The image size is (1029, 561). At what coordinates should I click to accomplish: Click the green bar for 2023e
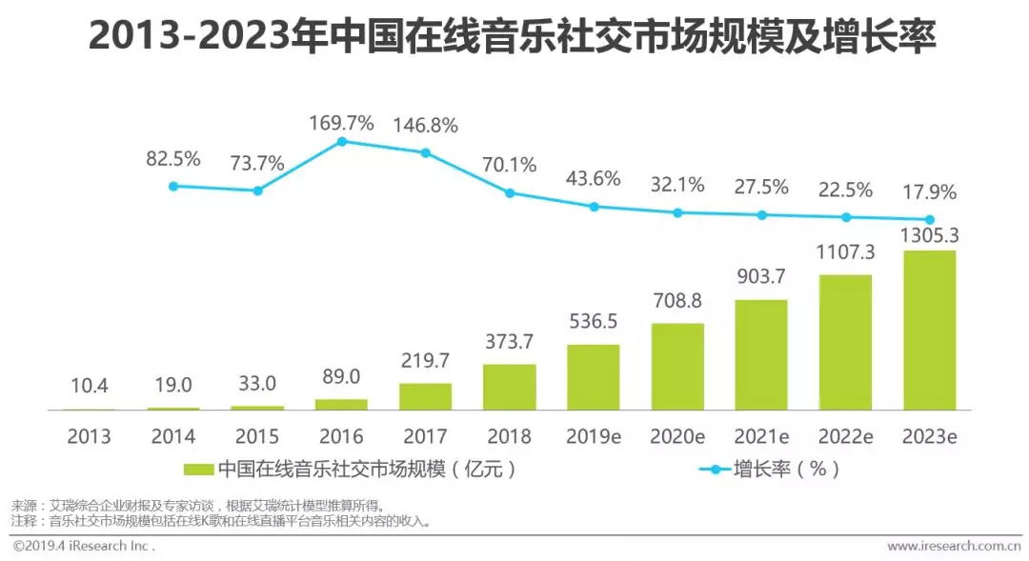point(929,330)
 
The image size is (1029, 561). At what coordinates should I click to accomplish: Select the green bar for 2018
point(509,387)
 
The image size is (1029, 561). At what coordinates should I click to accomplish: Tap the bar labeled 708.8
point(677,367)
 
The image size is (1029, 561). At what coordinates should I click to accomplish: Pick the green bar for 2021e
point(761,354)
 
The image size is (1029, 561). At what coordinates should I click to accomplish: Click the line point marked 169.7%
point(341,142)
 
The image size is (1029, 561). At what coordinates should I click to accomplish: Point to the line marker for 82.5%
point(173,186)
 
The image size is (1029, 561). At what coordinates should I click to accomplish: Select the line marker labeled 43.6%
point(594,206)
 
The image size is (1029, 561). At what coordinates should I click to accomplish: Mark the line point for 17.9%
point(929,219)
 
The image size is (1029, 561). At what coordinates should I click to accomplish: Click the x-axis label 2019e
point(594,436)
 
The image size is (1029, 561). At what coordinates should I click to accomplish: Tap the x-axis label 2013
point(89,436)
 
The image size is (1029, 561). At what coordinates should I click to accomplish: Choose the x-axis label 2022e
point(845,436)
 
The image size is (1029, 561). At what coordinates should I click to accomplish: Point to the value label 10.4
point(89,385)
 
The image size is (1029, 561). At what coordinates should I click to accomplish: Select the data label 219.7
point(425,361)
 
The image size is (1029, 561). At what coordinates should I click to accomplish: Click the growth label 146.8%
point(425,125)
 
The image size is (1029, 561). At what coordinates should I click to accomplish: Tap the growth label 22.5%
point(845,190)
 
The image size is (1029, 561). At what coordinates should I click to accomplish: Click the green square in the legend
point(198,469)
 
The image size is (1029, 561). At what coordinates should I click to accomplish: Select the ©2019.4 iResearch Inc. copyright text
point(84,546)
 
